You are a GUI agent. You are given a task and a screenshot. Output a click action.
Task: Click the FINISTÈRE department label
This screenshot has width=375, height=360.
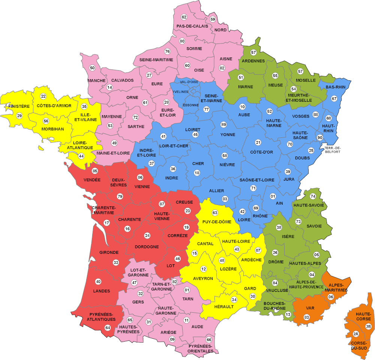coord(19,106)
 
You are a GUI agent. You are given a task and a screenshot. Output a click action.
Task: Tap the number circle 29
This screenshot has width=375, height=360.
coord(19,116)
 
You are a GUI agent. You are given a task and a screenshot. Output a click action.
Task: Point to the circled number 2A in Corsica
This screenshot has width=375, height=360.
coord(356,334)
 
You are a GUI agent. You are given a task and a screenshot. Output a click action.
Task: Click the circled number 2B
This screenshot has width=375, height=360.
coord(368,326)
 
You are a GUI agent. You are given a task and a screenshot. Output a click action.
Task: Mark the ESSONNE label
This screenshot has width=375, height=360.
coord(191,105)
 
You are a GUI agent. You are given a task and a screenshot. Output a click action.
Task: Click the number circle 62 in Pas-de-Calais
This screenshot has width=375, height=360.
coord(184,17)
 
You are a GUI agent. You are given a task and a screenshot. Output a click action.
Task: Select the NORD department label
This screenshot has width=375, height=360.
coord(221,30)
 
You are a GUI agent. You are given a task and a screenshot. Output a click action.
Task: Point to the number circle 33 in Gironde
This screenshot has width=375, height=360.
coord(116,262)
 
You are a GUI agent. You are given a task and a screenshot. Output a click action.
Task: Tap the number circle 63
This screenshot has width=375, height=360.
coord(215,213)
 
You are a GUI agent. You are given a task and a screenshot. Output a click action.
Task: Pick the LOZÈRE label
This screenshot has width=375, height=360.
coord(228,269)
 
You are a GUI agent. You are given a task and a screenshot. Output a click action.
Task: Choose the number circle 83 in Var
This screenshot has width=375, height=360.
coord(307,318)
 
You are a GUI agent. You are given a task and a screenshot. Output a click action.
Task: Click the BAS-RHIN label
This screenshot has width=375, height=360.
coord(336,87)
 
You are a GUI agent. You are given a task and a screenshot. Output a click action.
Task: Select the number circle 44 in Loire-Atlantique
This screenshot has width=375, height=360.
coord(81,156)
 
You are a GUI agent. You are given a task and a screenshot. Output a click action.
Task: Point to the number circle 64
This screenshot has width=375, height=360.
coord(108,328)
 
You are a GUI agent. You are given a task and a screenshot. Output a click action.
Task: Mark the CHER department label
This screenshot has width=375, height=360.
coord(198,164)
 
